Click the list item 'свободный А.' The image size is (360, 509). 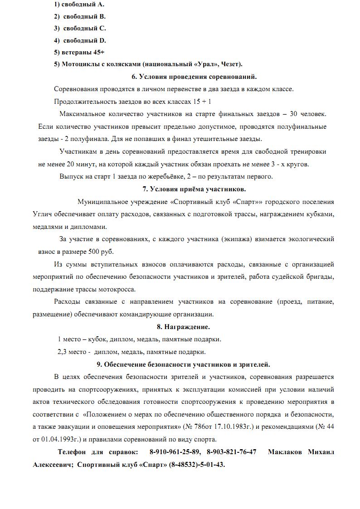83,4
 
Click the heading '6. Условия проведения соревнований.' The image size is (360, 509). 194,77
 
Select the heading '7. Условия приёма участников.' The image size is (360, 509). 194,189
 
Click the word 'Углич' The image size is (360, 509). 42,214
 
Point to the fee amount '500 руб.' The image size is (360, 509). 101,252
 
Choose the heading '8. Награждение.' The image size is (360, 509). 183,326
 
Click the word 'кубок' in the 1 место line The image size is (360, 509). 97,339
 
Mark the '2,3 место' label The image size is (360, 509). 71,352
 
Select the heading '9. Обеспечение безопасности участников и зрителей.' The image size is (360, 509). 183,364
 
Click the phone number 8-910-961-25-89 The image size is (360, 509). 175,452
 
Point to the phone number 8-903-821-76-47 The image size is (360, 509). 231,452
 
